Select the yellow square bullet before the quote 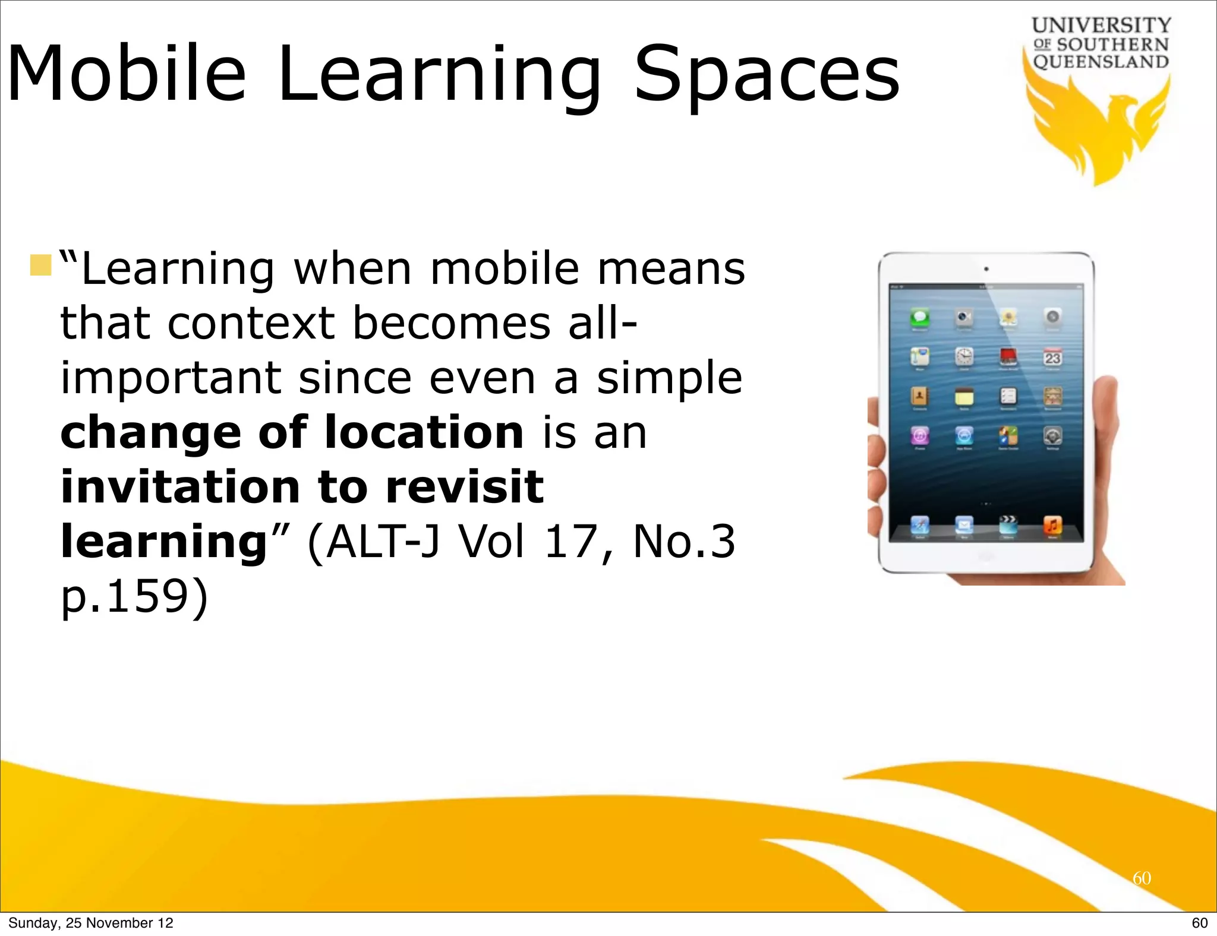[40, 265]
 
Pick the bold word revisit [464, 486]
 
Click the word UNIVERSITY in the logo [1101, 26]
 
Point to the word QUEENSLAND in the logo [1101, 62]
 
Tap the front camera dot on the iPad [986, 269]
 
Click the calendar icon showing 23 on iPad [1052, 357]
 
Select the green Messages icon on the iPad [920, 318]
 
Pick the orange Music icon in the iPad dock [1052, 525]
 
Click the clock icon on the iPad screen [964, 357]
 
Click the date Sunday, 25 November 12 [91, 923]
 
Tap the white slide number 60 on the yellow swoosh [1142, 878]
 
